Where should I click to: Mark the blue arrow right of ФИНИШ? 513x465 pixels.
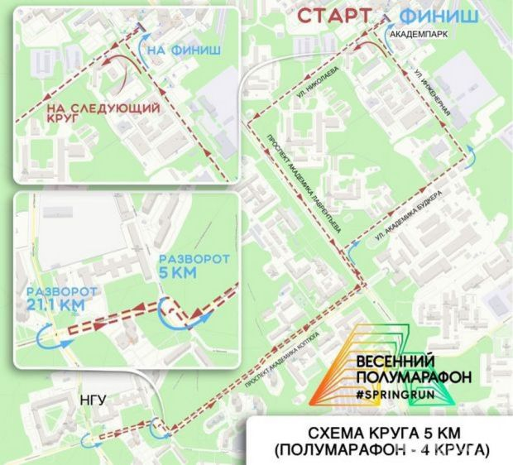pos(471,153)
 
